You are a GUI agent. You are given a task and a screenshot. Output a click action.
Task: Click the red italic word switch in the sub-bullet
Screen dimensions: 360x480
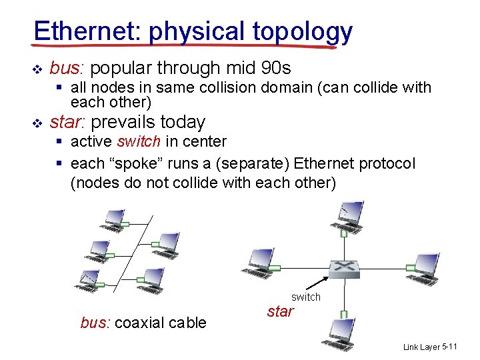click(139, 141)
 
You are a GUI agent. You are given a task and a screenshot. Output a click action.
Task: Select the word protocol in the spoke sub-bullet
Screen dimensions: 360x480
click(383, 163)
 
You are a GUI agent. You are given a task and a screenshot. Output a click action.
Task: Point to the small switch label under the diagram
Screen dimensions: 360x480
click(306, 297)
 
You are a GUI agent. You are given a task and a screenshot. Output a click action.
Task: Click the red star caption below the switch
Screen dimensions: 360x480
click(280, 311)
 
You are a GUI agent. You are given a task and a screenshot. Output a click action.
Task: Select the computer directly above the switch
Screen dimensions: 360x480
click(347, 215)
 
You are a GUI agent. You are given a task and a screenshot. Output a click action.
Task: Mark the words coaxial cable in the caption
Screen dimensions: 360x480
click(160, 323)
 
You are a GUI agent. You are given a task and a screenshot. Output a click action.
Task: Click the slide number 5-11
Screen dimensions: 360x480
click(449, 347)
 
